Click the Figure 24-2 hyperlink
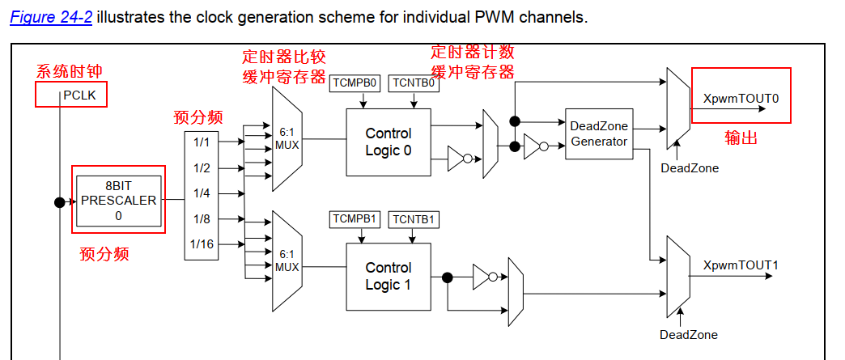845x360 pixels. pos(51,17)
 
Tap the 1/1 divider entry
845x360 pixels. pos(202,142)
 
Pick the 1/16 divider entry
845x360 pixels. pos(202,244)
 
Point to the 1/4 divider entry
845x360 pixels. pos(202,193)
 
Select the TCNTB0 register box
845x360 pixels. pos(414,83)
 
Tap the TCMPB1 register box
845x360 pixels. pos(356,219)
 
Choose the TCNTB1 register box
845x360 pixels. pos(414,219)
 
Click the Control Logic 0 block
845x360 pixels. pos(389,142)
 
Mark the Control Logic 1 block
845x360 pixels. pos(389,276)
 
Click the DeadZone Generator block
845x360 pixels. pos(599,133)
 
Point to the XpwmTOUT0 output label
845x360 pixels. pos(741,98)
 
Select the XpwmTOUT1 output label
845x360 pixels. pos(741,265)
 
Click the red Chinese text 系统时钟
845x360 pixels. pos(69,72)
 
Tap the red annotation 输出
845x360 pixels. pos(741,138)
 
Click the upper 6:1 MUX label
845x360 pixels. pos(287,138)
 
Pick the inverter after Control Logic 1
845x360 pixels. pos(483,277)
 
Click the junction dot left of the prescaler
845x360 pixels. pos(59,202)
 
